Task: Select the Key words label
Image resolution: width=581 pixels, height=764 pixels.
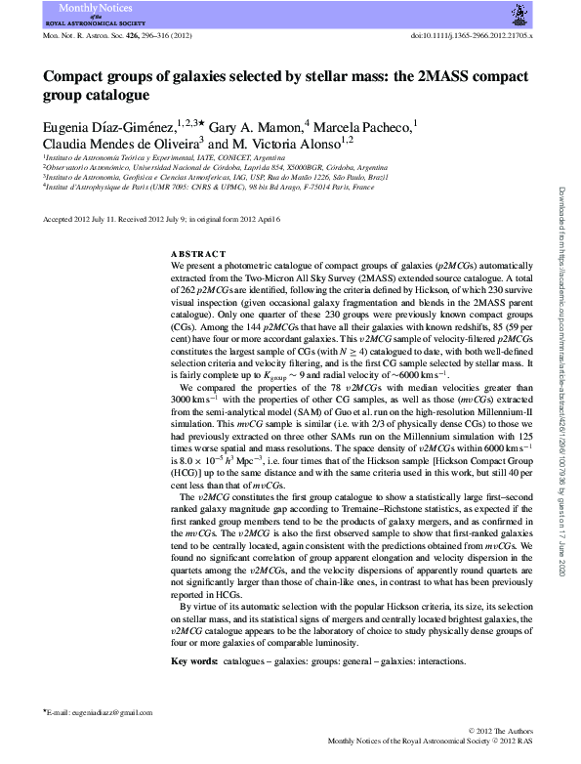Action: click(x=194, y=662)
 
